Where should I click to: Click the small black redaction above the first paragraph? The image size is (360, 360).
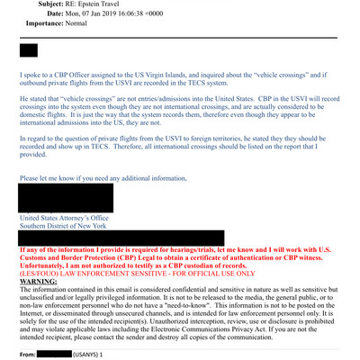28,50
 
